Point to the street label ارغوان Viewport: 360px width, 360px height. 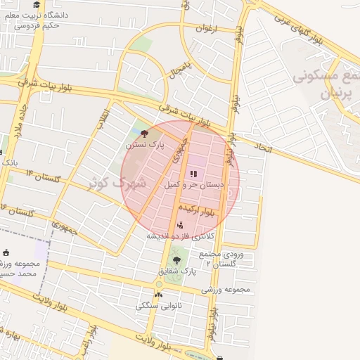(x=207, y=29)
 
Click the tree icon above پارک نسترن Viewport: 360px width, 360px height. (x=145, y=133)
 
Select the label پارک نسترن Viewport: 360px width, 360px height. (x=145, y=145)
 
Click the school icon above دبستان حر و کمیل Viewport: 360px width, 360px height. (x=194, y=174)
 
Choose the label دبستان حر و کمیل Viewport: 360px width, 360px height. (x=193, y=185)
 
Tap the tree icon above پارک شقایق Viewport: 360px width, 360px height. (x=176, y=260)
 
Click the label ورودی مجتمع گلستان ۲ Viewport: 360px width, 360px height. (x=221, y=257)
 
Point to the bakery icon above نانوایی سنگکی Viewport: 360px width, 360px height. (x=158, y=295)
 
